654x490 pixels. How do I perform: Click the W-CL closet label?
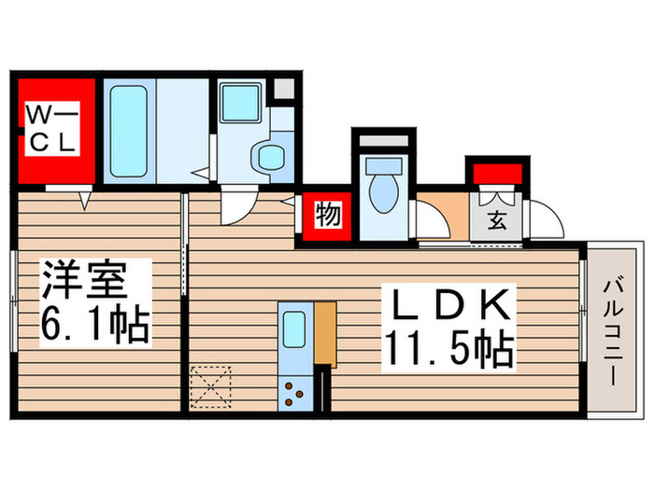point(52,128)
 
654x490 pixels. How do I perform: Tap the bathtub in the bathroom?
point(129,131)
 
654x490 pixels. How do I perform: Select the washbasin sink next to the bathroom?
point(240,103)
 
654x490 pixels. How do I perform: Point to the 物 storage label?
point(328,216)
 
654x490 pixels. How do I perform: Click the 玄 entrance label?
point(496,220)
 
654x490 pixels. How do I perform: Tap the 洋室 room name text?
point(83,279)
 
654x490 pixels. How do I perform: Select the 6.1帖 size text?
point(95,324)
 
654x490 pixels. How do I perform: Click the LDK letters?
point(450,304)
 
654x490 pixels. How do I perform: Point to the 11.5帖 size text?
point(449,348)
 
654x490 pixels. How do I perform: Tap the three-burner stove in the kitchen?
point(293,394)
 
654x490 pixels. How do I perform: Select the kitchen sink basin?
point(294,329)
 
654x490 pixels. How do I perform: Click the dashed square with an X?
point(210,387)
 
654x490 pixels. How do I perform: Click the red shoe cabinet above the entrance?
point(497,175)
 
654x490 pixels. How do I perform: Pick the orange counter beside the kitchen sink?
point(325,333)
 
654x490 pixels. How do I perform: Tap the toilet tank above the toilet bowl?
point(384,166)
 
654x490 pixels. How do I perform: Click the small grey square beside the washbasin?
point(283,89)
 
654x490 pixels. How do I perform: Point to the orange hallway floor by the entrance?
point(443,216)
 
